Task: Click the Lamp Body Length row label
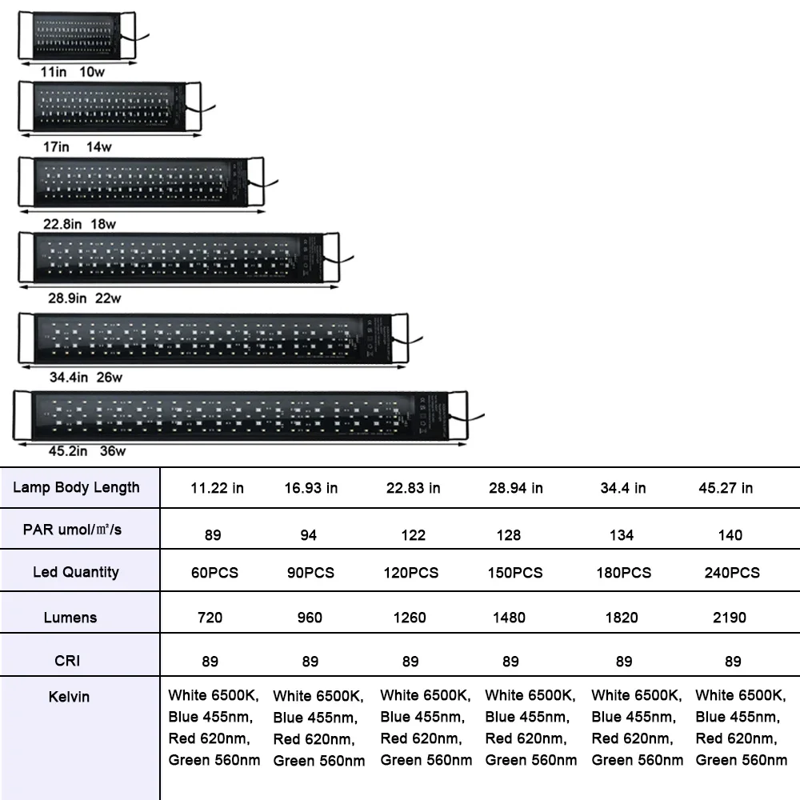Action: coord(76,487)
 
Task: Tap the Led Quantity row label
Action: coord(76,572)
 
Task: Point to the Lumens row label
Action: coord(70,617)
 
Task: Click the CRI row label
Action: coord(68,661)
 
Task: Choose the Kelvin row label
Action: coord(69,697)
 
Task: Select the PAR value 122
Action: coord(413,535)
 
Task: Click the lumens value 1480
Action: coord(510,618)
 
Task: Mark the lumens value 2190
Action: coord(729,618)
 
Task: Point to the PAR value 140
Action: coord(730,535)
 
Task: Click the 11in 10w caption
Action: coord(73,71)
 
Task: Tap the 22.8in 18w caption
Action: coord(79,224)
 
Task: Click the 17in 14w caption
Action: coord(78,146)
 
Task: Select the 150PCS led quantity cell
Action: coord(515,573)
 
